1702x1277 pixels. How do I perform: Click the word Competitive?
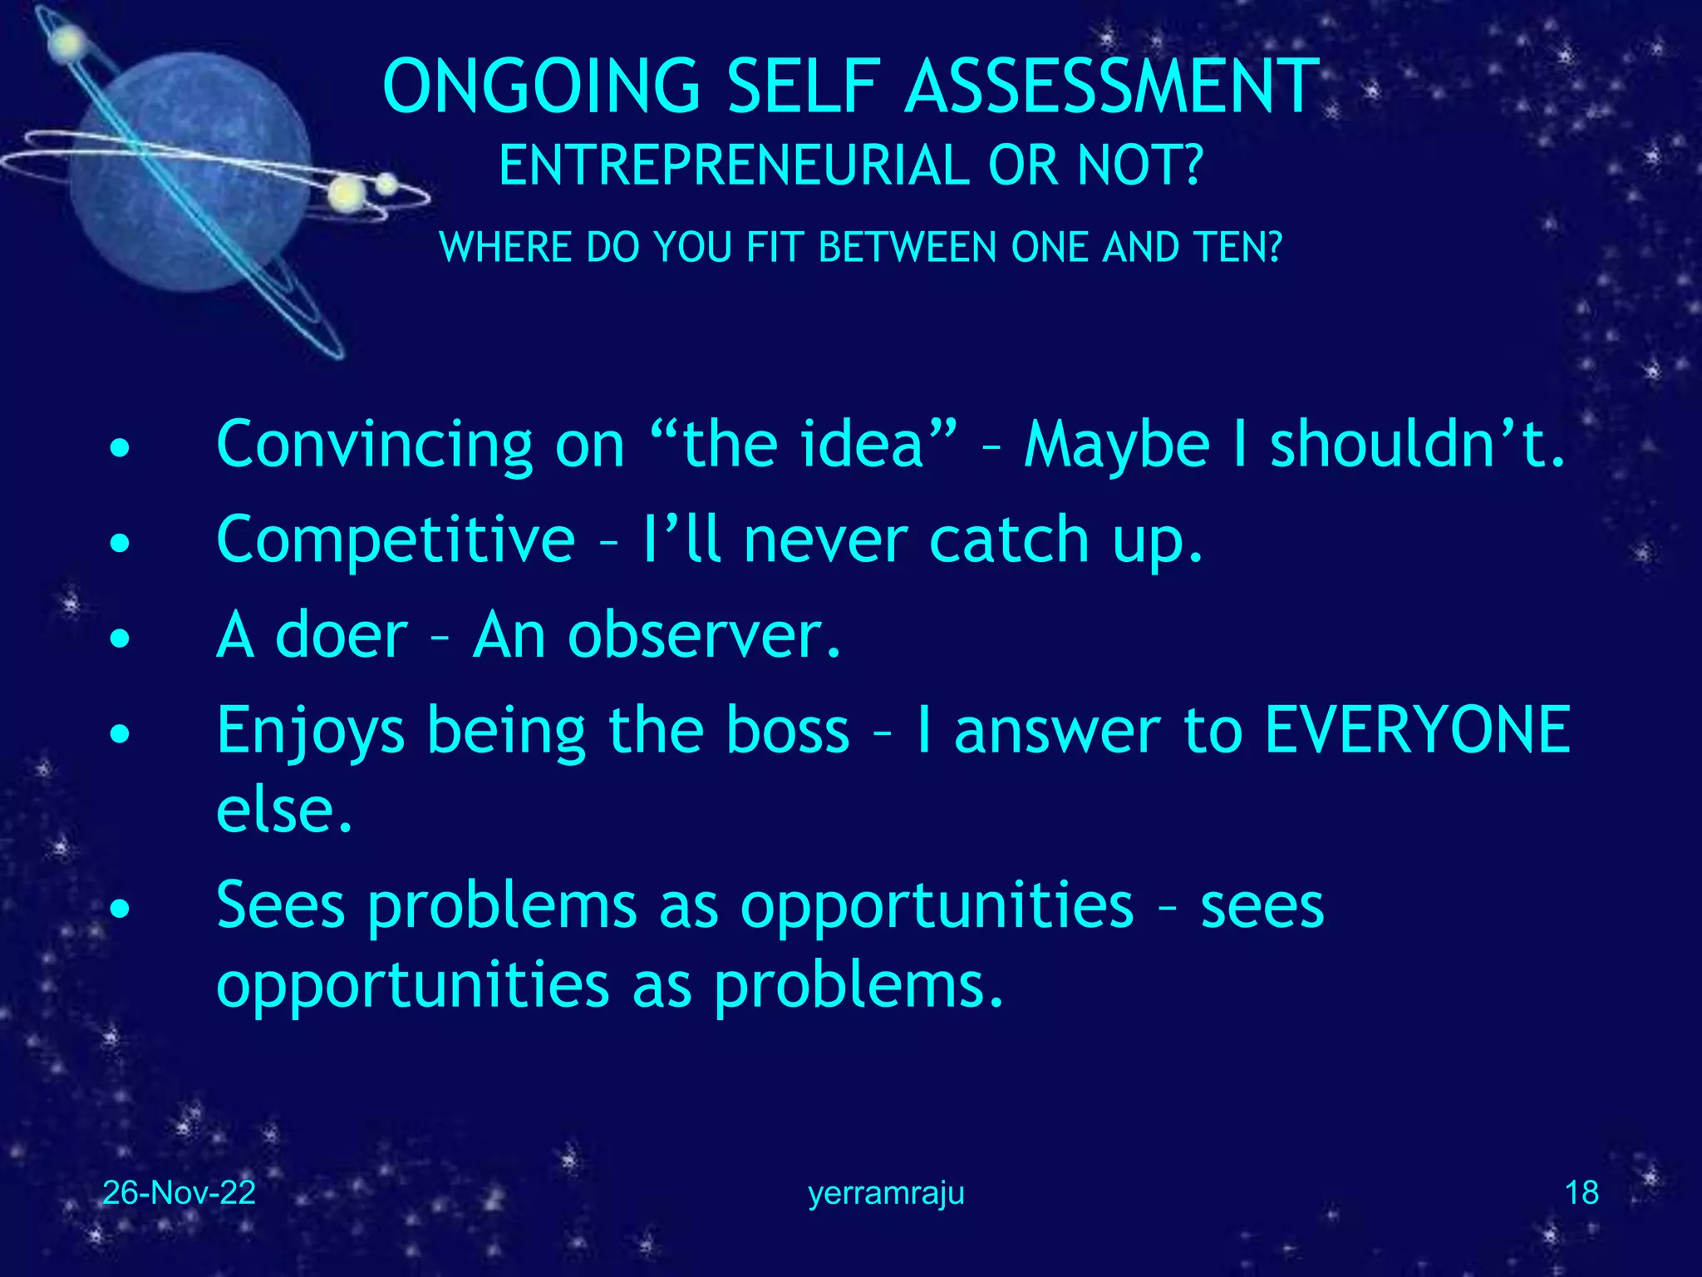[396, 540]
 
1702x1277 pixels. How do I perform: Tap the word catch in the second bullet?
[1008, 540]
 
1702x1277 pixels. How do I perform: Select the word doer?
[342, 635]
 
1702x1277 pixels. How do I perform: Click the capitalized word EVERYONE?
[1417, 730]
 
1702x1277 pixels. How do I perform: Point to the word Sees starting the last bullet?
[280, 905]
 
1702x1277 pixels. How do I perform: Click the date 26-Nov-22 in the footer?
[179, 1193]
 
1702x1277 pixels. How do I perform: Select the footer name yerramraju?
[886, 1193]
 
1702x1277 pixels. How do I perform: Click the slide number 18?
[1581, 1193]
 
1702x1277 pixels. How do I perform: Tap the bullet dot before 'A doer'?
[121, 638]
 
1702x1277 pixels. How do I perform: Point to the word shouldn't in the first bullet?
[1417, 446]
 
